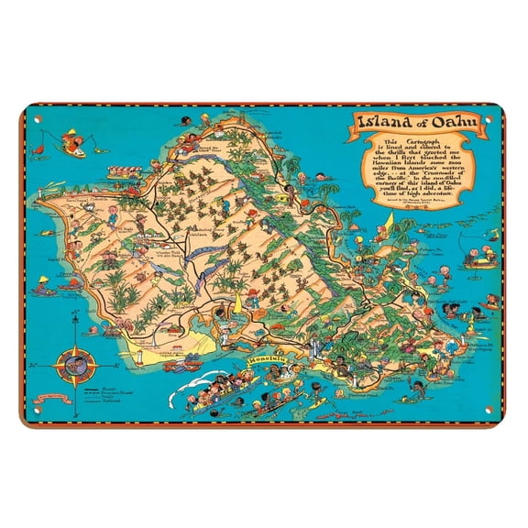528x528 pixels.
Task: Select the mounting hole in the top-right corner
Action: (498, 120)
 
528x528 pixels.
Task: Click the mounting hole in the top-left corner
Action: (30, 120)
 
